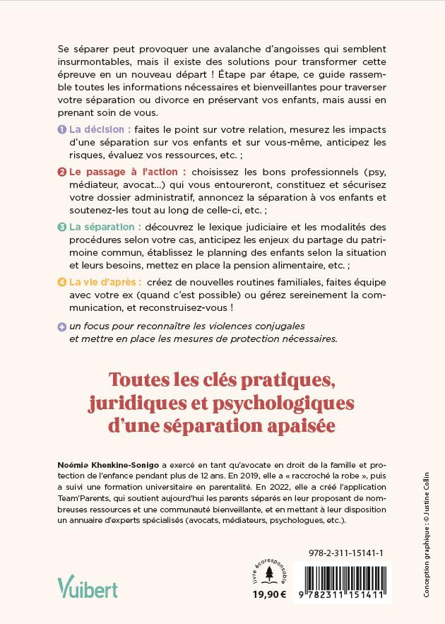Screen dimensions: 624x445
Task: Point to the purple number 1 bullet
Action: click(x=61, y=129)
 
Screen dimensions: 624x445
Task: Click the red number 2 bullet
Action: click(x=61, y=171)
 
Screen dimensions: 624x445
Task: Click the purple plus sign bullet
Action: click(x=61, y=326)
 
